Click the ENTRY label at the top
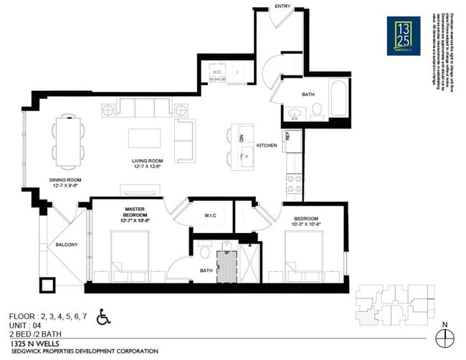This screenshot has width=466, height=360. [282, 6]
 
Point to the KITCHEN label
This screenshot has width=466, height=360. [267, 146]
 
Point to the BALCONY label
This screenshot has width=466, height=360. [67, 245]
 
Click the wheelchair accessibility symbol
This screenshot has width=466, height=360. [103, 316]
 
